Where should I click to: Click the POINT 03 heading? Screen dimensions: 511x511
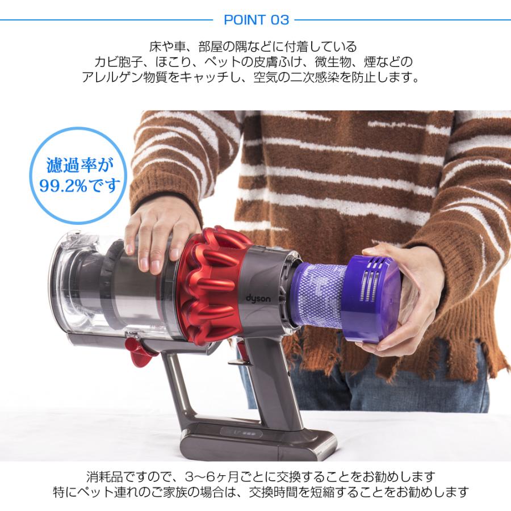[256, 20]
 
